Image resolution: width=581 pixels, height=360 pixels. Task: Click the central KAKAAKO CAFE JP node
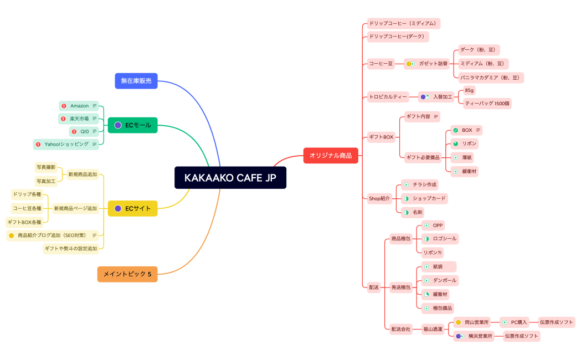230,178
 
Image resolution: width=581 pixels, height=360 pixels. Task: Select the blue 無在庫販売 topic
136,81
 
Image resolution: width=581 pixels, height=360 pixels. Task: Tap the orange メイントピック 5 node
127,274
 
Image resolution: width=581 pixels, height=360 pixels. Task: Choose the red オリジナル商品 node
331,156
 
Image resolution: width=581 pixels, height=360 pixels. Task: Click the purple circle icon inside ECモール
118,126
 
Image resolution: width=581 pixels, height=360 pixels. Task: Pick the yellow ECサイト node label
138,209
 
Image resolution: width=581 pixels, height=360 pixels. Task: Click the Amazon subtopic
79,106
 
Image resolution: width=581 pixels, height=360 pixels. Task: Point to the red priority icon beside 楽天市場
64,119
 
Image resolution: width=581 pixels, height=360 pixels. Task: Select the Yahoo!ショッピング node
66,144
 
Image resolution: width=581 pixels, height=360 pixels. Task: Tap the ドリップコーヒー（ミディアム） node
403,23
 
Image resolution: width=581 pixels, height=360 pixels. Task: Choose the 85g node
470,90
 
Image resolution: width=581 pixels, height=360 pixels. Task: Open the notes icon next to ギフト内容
436,116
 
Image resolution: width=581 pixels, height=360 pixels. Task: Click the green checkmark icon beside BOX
455,130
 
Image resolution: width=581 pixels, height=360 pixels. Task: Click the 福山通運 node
432,329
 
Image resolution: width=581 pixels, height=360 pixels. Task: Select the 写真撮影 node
46,167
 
